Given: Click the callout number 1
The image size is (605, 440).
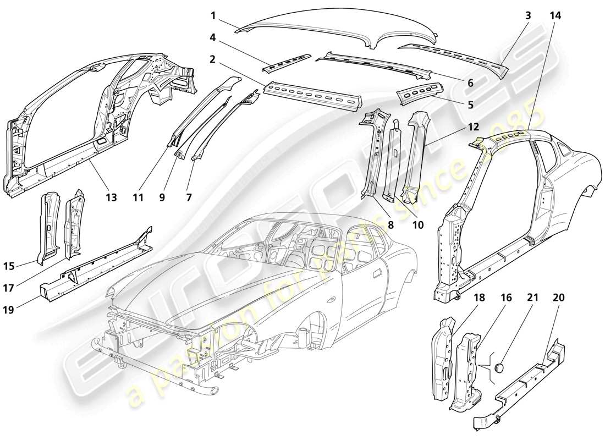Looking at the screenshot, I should click(x=212, y=15).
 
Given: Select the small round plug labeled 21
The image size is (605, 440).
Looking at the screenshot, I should click(x=501, y=366).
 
